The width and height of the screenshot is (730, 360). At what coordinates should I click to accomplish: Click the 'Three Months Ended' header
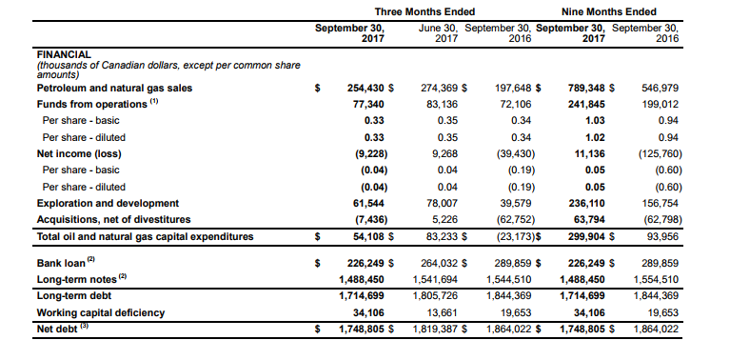pyautogui.click(x=424, y=11)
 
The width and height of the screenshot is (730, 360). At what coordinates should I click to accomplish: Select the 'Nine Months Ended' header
pyautogui.click(x=608, y=11)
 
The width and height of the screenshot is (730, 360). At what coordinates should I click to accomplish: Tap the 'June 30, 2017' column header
pyautogui.click(x=438, y=33)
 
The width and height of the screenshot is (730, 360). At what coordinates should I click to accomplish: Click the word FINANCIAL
pyautogui.click(x=64, y=55)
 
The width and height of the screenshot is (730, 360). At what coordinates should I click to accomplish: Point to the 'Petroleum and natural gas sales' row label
pyautogui.click(x=114, y=88)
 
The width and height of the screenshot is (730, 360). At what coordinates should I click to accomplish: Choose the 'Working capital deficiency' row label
pyautogui.click(x=101, y=312)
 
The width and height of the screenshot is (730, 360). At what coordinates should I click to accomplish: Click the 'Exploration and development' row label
pyautogui.click(x=108, y=203)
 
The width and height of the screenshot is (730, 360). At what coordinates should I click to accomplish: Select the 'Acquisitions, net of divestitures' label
pyautogui.click(x=113, y=219)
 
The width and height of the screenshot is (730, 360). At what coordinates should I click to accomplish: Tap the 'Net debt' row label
pyautogui.click(x=57, y=330)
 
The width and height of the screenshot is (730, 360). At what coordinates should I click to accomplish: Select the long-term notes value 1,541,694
pyautogui.click(x=435, y=279)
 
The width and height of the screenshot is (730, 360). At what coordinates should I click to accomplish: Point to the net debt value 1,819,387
pyautogui.click(x=435, y=330)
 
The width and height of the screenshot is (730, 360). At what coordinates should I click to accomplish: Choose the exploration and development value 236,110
pyautogui.click(x=586, y=203)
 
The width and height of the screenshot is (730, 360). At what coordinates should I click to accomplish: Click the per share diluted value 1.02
pyautogui.click(x=596, y=137)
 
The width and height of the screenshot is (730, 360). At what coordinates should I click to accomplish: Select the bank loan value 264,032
pyautogui.click(x=439, y=263)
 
